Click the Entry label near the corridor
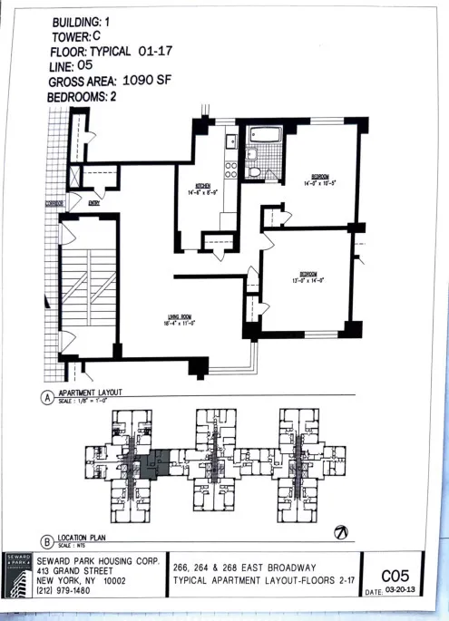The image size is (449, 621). pyautogui.click(x=93, y=205)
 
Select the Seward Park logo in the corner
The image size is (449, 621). pyautogui.click(x=18, y=574)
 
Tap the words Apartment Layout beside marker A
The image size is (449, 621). pyautogui.click(x=91, y=393)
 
